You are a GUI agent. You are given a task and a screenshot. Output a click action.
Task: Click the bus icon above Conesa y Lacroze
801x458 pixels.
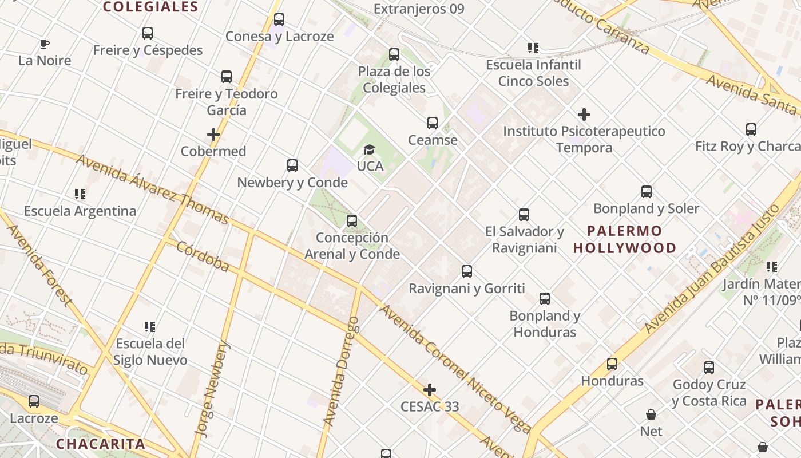click(x=279, y=19)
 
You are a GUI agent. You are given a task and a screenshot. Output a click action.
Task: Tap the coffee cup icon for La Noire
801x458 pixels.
click(x=45, y=44)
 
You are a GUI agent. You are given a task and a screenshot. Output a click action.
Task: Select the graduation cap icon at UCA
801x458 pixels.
click(x=370, y=150)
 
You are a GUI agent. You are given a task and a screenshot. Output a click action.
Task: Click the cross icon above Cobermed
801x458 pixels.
click(x=213, y=135)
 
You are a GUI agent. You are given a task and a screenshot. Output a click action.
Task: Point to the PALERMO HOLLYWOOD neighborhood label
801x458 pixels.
click(x=625, y=239)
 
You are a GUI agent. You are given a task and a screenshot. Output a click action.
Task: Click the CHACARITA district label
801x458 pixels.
click(x=101, y=444)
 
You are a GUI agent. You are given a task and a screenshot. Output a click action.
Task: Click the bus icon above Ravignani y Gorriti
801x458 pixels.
click(x=467, y=271)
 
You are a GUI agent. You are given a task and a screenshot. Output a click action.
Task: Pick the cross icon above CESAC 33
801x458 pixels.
click(x=430, y=390)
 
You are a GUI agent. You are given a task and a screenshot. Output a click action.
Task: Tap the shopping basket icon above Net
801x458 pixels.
click(x=651, y=414)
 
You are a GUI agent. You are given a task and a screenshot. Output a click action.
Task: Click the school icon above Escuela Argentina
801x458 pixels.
click(x=80, y=194)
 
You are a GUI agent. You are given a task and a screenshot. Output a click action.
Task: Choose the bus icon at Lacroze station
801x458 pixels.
click(x=34, y=401)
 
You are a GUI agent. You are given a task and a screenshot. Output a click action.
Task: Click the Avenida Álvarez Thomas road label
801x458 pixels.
click(x=153, y=189)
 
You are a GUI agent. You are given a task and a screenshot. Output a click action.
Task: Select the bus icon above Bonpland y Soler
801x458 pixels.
click(x=647, y=192)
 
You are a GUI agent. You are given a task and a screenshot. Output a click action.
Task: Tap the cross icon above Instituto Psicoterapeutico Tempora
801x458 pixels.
click(x=584, y=114)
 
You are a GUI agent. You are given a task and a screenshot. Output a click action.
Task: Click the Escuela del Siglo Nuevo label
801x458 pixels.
click(x=150, y=352)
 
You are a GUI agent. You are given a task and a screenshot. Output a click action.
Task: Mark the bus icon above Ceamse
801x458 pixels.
click(x=433, y=123)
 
